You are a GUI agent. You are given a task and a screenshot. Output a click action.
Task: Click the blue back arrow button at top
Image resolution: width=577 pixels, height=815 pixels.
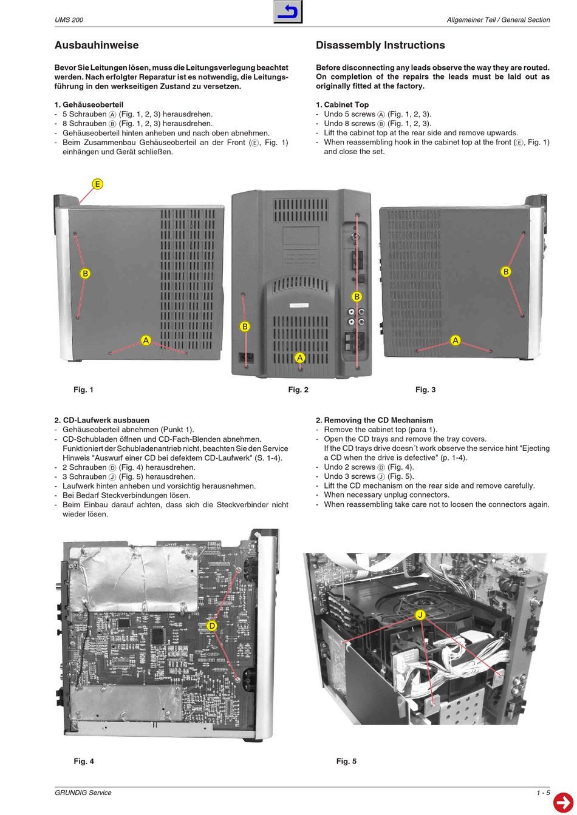[x=288, y=12]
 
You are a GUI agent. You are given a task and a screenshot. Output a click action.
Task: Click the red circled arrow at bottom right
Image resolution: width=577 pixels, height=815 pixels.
[x=564, y=802]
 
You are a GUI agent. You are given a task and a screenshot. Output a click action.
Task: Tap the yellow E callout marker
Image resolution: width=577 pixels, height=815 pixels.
[x=97, y=184]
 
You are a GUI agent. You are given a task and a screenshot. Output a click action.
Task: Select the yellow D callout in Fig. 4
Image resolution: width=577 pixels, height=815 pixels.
[x=212, y=626]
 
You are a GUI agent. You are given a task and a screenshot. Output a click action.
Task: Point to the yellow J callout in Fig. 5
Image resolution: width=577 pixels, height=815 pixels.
[x=420, y=615]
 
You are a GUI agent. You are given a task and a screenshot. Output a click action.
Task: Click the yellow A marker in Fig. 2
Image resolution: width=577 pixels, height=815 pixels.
[x=299, y=358]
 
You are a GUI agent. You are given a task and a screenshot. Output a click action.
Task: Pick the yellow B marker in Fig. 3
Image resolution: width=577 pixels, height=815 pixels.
[x=505, y=271]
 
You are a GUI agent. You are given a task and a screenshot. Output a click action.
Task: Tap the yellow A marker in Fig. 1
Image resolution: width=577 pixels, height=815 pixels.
[x=146, y=340]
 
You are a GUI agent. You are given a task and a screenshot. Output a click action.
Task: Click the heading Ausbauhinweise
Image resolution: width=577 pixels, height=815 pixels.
[x=97, y=46]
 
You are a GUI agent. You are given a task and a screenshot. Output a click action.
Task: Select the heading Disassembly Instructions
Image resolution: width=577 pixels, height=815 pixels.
[x=380, y=46]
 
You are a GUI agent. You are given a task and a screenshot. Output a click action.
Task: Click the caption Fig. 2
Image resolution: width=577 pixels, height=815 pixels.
[x=298, y=390]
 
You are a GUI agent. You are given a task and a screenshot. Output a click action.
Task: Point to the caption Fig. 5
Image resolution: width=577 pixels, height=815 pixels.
[x=346, y=761]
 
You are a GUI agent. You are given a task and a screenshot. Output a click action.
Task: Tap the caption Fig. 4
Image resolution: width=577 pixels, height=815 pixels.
[x=84, y=761]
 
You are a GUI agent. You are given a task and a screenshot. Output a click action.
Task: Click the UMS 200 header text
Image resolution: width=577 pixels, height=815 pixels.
[x=69, y=20]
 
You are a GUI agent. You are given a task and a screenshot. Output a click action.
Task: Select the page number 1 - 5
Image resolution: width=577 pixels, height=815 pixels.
[x=543, y=793]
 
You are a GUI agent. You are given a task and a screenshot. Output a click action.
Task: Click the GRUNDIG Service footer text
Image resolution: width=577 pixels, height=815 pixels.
[x=83, y=793]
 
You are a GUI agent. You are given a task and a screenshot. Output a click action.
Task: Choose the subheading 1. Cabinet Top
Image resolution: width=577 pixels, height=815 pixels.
[x=343, y=105]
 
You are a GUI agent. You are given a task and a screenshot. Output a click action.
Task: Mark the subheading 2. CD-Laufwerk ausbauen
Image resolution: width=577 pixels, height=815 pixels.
[x=101, y=420]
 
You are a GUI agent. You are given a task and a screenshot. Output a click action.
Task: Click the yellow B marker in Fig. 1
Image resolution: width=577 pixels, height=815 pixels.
[x=85, y=274]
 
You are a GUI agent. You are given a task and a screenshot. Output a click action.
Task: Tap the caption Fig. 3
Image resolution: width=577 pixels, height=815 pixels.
[x=425, y=390]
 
